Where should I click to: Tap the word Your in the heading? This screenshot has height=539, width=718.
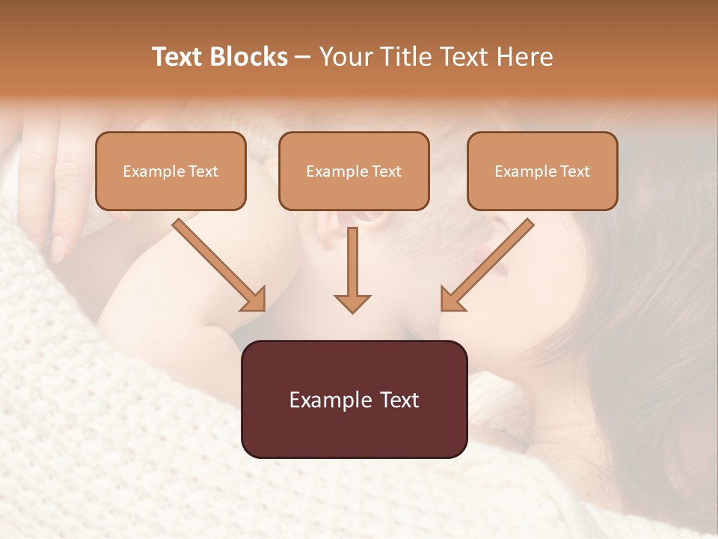[x=346, y=57]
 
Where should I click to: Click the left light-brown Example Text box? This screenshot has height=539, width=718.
[x=171, y=171]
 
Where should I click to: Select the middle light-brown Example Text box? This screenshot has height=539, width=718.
[x=354, y=171]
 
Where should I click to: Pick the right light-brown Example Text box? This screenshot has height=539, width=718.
[x=542, y=171]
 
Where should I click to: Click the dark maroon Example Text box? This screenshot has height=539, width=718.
[x=354, y=399]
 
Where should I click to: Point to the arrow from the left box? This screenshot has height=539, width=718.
[x=217, y=262]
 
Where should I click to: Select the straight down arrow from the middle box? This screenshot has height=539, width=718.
[x=352, y=266]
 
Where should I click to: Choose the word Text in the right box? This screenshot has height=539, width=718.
[x=575, y=171]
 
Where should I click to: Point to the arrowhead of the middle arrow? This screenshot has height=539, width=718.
[x=352, y=302]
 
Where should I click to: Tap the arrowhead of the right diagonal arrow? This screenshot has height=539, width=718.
[x=451, y=299]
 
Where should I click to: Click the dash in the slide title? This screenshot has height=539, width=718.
[x=303, y=57]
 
